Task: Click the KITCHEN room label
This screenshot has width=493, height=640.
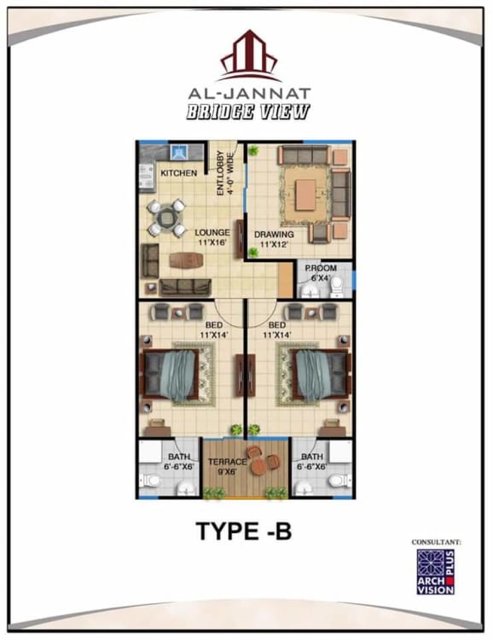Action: [x=179, y=173]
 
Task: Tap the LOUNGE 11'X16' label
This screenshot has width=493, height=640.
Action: [x=212, y=237]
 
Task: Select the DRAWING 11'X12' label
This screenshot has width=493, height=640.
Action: [x=274, y=239]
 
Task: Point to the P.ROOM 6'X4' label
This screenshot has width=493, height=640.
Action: [x=321, y=273]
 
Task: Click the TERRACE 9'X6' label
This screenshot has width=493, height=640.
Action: [x=228, y=466]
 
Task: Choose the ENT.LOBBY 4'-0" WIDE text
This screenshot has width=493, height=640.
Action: [x=225, y=173]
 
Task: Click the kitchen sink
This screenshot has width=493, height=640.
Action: [x=179, y=152]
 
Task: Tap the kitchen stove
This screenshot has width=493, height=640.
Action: [x=147, y=177]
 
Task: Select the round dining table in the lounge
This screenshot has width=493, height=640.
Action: [x=166, y=218]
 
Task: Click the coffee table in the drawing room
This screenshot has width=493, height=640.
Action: [x=305, y=195]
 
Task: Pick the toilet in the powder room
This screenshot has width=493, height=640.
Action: [x=337, y=287]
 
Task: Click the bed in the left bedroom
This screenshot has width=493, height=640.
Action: [x=170, y=375]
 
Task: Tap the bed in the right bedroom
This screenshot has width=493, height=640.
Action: [x=322, y=375]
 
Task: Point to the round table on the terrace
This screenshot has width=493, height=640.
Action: [x=258, y=467]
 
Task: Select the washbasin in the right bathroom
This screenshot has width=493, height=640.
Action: [x=304, y=488]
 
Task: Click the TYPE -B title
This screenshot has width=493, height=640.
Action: [x=244, y=531]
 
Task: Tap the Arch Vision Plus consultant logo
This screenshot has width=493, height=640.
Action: [x=436, y=572]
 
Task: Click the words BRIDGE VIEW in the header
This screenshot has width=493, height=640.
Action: [x=248, y=112]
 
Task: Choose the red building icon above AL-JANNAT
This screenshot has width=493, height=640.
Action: [x=249, y=55]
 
